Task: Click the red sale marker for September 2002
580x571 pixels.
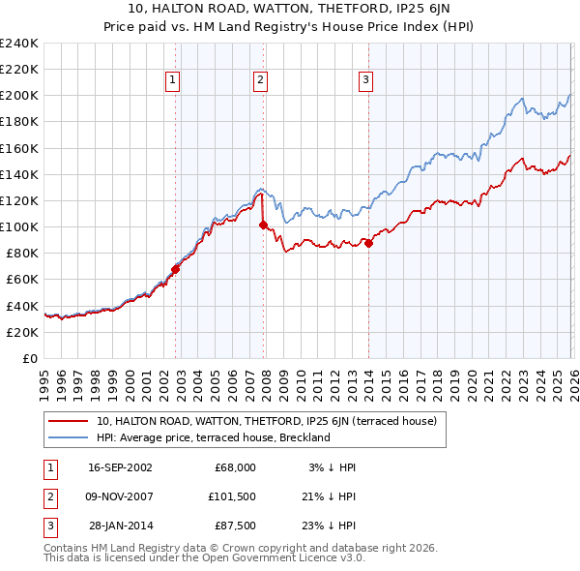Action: click(x=175, y=269)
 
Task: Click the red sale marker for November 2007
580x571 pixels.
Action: click(x=263, y=225)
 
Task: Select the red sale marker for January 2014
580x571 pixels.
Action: click(x=368, y=243)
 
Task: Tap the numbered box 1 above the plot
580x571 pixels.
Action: click(x=172, y=81)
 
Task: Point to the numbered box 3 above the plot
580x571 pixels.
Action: click(x=366, y=81)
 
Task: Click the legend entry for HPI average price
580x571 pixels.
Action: click(x=214, y=437)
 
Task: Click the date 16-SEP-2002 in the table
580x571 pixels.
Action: click(x=120, y=466)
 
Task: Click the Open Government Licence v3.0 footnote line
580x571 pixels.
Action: click(x=204, y=557)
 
